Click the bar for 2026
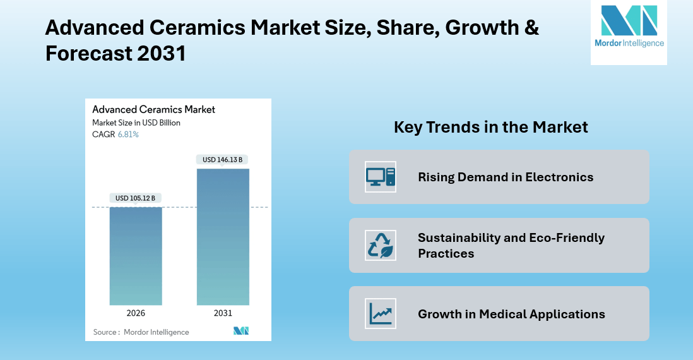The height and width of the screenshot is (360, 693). pyautogui.click(x=136, y=256)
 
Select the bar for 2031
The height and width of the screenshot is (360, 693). pyautogui.click(x=223, y=237)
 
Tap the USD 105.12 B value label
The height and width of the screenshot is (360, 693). pyautogui.click(x=136, y=198)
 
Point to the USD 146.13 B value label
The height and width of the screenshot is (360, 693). pyautogui.click(x=223, y=160)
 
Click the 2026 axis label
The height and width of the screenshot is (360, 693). pyautogui.click(x=136, y=313)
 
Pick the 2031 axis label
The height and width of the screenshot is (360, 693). pyautogui.click(x=223, y=313)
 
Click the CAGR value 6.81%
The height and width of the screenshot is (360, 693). pyautogui.click(x=128, y=135)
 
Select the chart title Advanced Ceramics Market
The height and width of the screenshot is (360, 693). pyautogui.click(x=153, y=109)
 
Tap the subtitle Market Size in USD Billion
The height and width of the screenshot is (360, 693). pyautogui.click(x=136, y=123)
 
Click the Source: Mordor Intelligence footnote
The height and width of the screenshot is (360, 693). pyautogui.click(x=141, y=332)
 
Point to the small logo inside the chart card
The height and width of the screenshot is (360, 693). pyautogui.click(x=241, y=331)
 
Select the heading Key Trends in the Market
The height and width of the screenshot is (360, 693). pyautogui.click(x=490, y=127)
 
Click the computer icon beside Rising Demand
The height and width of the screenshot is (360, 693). pyautogui.click(x=381, y=177)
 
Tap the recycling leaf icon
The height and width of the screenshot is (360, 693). pyautogui.click(x=381, y=245)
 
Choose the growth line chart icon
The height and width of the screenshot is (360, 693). pyautogui.click(x=381, y=313)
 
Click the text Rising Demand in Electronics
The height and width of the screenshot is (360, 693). pyautogui.click(x=506, y=177)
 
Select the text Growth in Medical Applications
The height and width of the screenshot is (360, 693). pyautogui.click(x=511, y=314)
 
